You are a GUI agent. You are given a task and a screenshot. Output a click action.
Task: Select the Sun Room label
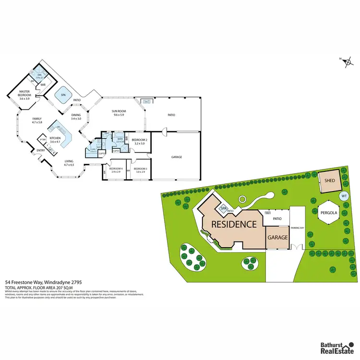click(119, 113)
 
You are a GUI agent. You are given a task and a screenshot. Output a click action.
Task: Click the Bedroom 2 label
click(139, 142)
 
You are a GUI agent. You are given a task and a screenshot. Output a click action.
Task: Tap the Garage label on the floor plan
click(177, 156)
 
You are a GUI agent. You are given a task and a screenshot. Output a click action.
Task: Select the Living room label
click(69, 163)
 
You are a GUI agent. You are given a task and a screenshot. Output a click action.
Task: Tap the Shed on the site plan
click(329, 181)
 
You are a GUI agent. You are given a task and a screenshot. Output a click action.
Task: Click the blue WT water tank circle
click(344, 196)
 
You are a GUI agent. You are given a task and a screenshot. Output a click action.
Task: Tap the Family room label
click(36, 120)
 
